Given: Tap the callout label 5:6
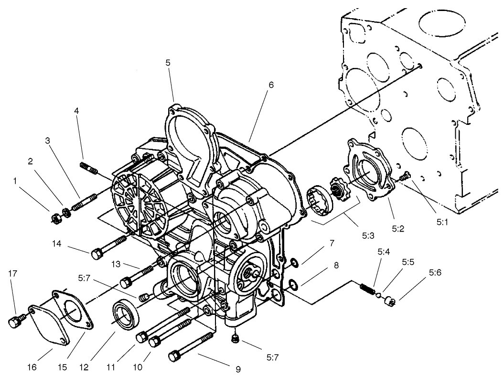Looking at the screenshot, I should pos(435,273).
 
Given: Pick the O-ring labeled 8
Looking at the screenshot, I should pos(294,286).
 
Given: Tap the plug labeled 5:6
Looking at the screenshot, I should pos(391,301).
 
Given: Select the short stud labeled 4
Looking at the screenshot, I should pos(89,168).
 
